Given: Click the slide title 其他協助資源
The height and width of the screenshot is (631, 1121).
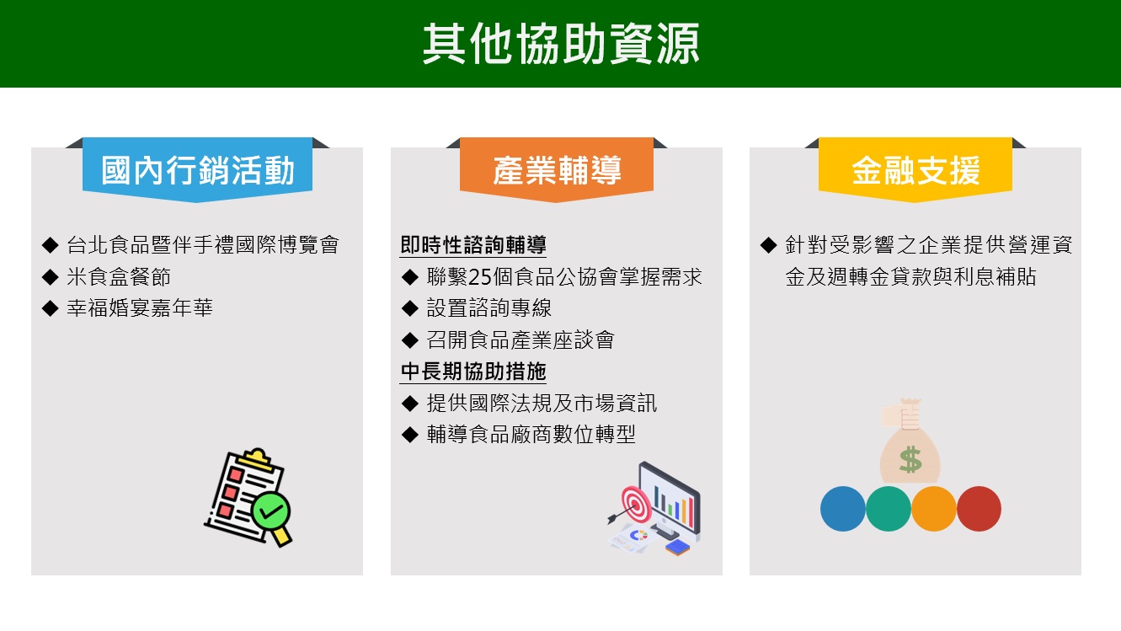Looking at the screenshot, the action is coord(561,44).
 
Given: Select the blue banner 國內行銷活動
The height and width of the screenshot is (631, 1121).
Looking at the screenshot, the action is coord(197,169).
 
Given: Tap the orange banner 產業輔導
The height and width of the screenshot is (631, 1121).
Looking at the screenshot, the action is coord(557,169).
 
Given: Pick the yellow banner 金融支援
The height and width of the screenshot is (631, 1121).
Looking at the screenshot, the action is coord(915,169).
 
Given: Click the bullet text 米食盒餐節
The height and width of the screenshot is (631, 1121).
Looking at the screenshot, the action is coord(119,276).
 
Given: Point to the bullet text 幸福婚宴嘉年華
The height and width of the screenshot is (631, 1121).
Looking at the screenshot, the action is coord(140,308).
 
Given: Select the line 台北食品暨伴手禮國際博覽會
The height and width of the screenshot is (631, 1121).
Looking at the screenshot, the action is coord(203,245).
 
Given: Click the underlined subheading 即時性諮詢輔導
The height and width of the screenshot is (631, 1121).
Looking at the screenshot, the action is coord(473,245).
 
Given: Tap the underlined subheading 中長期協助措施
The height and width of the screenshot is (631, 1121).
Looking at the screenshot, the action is coord(473,372).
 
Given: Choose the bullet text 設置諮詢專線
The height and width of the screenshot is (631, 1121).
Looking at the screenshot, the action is coord(489,308).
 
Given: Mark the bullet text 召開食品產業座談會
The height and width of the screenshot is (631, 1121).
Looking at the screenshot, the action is coord(520,340).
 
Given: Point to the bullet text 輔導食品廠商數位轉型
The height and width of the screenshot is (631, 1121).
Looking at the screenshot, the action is coord(531,435).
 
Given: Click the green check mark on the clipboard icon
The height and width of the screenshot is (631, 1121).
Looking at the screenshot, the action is coord(270,511).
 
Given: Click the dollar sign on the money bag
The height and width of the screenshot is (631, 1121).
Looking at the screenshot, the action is coord(910,459).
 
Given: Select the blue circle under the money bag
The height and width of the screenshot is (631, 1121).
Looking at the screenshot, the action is coord(843,508).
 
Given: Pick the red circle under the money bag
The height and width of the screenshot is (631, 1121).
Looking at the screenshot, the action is coord(979,508).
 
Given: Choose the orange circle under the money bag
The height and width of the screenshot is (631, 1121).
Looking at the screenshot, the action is coord(934,508).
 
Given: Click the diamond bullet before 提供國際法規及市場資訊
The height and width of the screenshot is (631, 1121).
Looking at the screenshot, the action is coord(410,404).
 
